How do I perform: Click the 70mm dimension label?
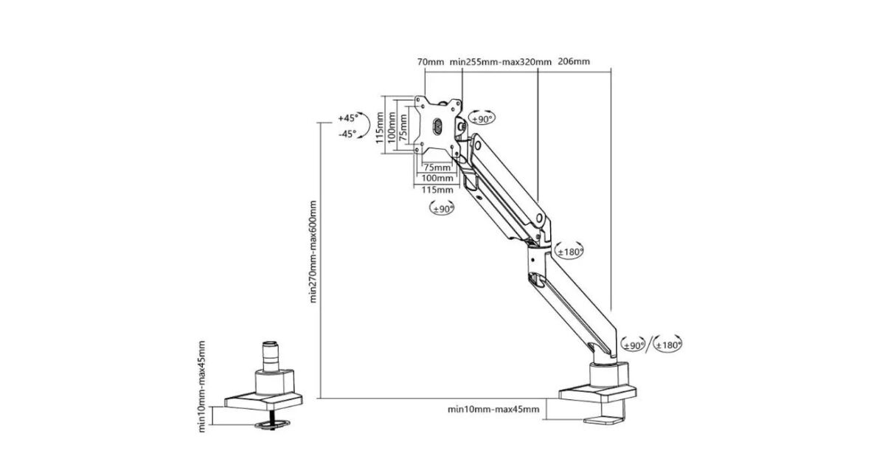point(430,62)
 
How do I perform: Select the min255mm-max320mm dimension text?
point(499,62)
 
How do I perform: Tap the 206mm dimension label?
point(574,62)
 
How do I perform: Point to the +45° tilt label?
point(347,118)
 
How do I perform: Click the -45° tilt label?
point(347,134)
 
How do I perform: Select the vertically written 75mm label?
point(403,126)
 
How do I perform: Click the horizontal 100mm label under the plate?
point(436,178)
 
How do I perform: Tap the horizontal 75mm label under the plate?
point(436,167)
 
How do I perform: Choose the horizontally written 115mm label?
point(436,190)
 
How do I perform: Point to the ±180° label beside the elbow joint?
point(569,252)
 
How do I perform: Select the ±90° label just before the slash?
point(634,344)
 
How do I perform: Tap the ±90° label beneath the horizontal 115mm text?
point(442,209)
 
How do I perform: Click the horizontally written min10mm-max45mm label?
point(493,409)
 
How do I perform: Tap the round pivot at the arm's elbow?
point(540,218)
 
